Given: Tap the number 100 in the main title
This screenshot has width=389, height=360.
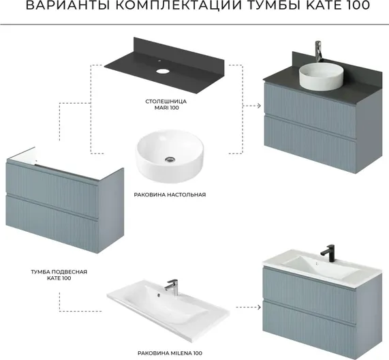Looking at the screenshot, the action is [x=357, y=5].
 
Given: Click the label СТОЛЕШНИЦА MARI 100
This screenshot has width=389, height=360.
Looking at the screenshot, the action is [x=166, y=104].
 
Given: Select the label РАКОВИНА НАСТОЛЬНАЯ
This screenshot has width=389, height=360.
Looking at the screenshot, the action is [x=170, y=194].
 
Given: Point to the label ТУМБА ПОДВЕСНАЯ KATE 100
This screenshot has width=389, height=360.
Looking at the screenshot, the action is [x=59, y=275].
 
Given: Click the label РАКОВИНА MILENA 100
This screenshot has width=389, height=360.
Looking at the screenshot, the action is [x=170, y=352].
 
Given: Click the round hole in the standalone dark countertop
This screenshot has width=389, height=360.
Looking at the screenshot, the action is [x=162, y=72].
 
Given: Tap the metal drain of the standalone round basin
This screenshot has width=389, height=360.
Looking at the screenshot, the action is [x=170, y=159].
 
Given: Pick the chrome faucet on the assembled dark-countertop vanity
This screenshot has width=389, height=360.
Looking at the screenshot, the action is [x=318, y=51].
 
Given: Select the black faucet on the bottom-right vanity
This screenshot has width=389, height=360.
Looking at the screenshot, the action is [x=328, y=253].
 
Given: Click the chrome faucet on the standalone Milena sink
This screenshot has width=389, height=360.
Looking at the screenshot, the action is [x=171, y=287].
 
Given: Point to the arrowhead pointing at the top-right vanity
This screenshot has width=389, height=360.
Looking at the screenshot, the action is [x=259, y=106].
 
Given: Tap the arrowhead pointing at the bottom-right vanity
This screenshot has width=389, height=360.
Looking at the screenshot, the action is [x=259, y=307].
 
